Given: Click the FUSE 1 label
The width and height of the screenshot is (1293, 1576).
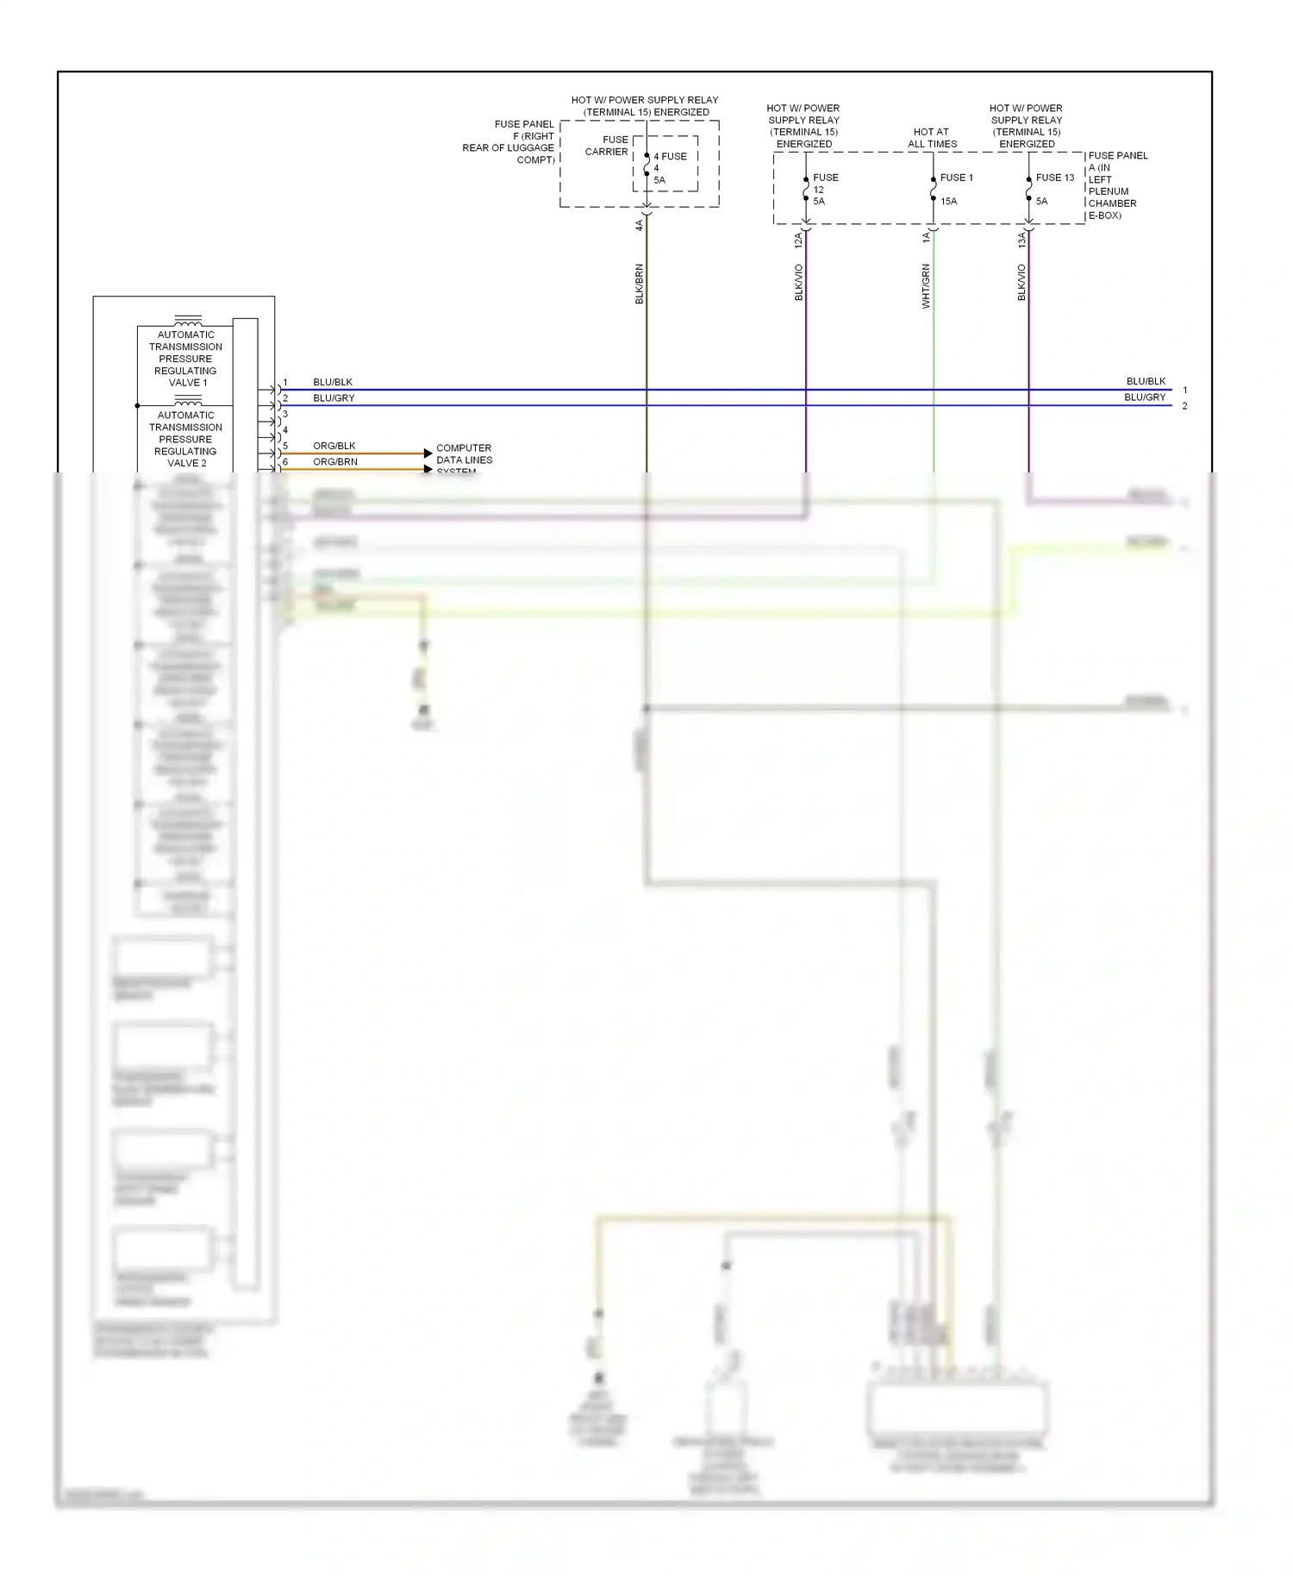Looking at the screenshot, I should [x=956, y=178].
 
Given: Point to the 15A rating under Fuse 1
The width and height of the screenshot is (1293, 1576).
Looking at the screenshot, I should [x=948, y=202].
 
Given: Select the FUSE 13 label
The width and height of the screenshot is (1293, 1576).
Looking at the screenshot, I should [x=1054, y=178].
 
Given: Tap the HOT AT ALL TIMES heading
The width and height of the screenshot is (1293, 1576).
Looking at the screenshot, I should [x=932, y=138].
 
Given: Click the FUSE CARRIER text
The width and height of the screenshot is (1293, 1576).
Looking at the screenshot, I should [x=607, y=146].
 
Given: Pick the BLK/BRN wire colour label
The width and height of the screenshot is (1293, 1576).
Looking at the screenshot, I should [x=640, y=284].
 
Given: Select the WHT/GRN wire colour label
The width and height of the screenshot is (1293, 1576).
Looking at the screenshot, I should [x=926, y=286].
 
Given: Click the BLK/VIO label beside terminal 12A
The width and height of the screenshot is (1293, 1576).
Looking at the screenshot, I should [x=799, y=282].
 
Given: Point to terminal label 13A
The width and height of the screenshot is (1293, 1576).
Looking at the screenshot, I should [x=1021, y=240].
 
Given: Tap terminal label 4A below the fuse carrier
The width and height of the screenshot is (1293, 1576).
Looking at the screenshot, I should [x=640, y=225].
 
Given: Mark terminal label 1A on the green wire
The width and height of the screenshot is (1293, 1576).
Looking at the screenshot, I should [x=926, y=237].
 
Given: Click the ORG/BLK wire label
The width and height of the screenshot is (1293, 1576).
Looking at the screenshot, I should [x=334, y=446].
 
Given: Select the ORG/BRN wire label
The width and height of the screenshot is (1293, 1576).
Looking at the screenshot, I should [x=335, y=462].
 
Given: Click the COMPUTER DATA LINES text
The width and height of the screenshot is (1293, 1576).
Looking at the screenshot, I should [x=464, y=454].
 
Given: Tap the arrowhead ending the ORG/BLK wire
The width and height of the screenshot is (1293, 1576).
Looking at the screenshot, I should [x=428, y=453].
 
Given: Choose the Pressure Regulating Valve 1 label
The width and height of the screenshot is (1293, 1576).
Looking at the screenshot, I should [x=185, y=359].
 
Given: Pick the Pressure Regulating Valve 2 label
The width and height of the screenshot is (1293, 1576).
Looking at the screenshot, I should [x=185, y=439].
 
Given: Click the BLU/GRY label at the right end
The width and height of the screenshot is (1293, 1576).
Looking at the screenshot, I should [x=1144, y=397].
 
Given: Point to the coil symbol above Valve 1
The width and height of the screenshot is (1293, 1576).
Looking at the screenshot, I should [x=188, y=321].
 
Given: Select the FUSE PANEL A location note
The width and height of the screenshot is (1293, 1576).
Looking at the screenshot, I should [x=1117, y=185].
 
